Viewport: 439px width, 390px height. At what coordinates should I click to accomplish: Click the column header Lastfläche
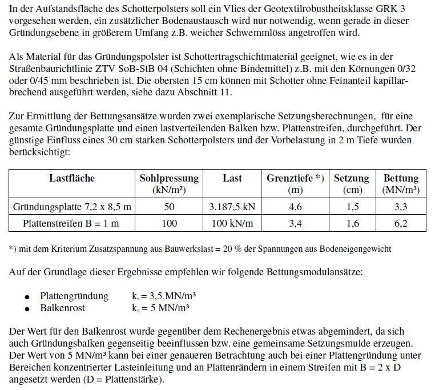point(72,178)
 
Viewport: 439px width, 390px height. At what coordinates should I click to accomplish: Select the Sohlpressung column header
point(169,183)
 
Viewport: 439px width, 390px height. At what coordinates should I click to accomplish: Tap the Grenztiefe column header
point(295,183)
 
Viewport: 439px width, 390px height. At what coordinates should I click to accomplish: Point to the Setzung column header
point(351,183)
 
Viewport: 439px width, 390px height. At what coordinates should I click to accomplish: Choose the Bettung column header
point(401,183)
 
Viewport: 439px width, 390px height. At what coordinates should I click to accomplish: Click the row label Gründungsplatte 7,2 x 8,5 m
point(72,207)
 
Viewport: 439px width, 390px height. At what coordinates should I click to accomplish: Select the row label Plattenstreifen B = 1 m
point(72,223)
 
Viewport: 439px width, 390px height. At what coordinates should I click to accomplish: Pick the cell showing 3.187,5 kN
point(232,207)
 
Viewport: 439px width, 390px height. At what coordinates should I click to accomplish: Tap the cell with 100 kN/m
point(232,223)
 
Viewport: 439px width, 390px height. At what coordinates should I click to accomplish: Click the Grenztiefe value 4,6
point(295,207)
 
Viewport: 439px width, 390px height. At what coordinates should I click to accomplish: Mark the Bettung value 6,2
point(401,223)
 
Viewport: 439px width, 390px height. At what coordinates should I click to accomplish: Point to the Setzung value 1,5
point(353,207)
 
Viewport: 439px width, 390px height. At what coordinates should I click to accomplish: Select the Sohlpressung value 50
point(169,207)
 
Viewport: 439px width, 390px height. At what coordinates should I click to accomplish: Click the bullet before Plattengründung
point(27,297)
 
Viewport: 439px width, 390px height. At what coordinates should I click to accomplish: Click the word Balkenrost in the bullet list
point(62,308)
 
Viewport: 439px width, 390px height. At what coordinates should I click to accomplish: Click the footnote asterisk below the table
point(13,249)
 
